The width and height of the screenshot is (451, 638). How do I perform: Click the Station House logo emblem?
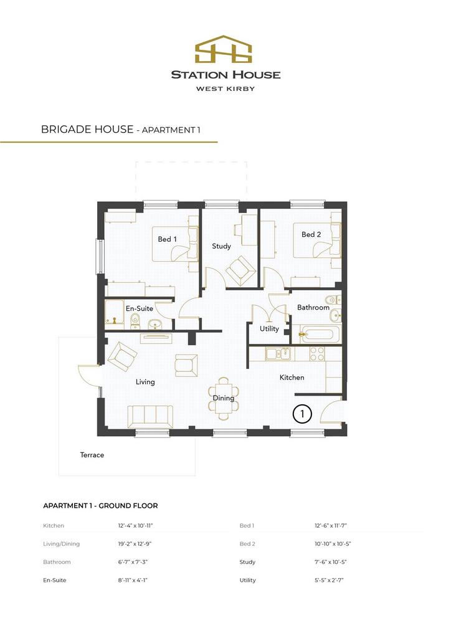(x=223, y=49)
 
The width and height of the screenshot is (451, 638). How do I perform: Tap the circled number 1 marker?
(x=302, y=414)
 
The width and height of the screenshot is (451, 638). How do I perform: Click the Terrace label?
(x=92, y=455)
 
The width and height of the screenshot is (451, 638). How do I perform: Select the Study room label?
(x=221, y=246)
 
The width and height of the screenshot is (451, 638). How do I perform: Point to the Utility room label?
(x=269, y=329)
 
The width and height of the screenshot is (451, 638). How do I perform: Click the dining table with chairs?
(x=223, y=398)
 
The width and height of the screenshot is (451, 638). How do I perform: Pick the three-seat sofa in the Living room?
(x=150, y=417)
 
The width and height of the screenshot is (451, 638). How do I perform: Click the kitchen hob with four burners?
(x=317, y=354)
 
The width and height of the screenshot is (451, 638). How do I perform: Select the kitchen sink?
(x=278, y=354)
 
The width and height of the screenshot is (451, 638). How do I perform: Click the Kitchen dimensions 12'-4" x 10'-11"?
(x=135, y=526)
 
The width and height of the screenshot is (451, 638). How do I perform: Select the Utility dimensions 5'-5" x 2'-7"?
(x=329, y=580)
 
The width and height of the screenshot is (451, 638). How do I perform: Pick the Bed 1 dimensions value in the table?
(x=331, y=526)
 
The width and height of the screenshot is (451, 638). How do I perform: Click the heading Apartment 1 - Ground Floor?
(x=100, y=506)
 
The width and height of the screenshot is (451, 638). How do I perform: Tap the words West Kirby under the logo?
(x=225, y=88)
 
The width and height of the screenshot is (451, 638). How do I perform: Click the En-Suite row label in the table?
(x=54, y=580)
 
